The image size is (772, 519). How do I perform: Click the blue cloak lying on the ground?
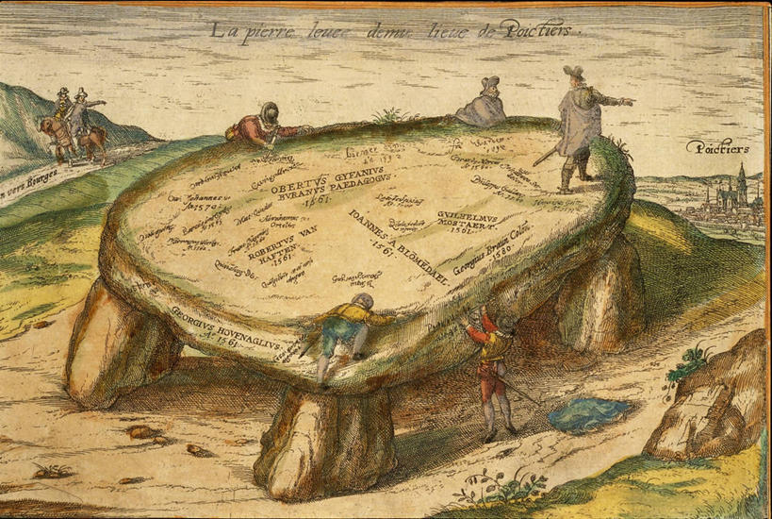[x=588, y=413]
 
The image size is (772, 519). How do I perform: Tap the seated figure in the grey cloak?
[x=484, y=105]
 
